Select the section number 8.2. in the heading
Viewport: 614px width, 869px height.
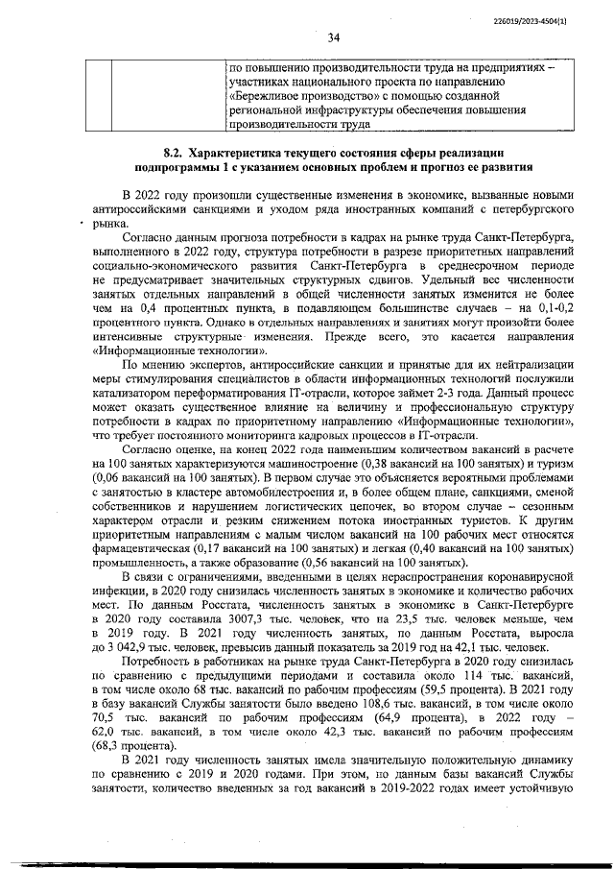click(x=173, y=153)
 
